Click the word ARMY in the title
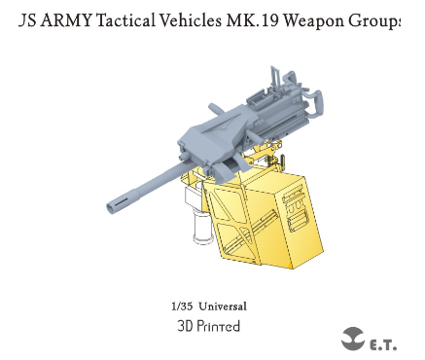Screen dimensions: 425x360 pos(67,20)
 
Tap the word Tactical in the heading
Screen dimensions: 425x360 pos(125,20)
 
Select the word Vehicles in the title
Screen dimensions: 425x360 pos(190,20)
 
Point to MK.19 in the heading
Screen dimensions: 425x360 pos(252,20)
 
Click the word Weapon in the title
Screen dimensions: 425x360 pos(313,21)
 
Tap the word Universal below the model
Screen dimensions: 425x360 pos(223,306)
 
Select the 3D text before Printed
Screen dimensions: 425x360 pos(185,326)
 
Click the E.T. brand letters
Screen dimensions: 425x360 pos(383,344)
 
